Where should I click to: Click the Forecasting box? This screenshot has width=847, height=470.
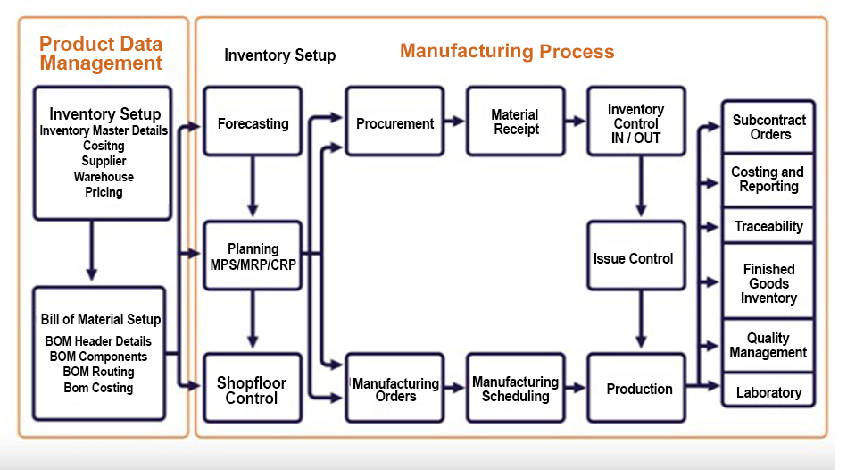[253, 122]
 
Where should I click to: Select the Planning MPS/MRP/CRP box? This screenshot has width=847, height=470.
[253, 256]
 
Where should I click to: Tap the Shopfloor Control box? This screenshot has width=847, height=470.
[252, 390]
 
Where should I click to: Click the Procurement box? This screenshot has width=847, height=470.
[394, 122]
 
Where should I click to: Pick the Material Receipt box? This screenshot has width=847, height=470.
[515, 122]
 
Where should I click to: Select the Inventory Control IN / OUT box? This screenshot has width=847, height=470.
[635, 122]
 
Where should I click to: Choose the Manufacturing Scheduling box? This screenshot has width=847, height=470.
[515, 389]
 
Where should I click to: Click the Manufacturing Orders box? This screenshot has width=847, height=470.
[394, 389]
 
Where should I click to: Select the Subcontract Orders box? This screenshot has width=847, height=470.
[768, 127]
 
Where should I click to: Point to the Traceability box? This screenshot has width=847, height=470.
[768, 226]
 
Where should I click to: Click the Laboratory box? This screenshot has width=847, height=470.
[768, 392]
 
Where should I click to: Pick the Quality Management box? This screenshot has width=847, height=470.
[768, 345]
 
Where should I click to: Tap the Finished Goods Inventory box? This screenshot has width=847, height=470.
[768, 282]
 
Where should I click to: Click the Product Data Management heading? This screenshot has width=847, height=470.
[101, 54]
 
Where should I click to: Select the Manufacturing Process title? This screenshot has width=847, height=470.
[507, 51]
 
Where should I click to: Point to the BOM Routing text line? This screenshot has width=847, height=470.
[98, 372]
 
